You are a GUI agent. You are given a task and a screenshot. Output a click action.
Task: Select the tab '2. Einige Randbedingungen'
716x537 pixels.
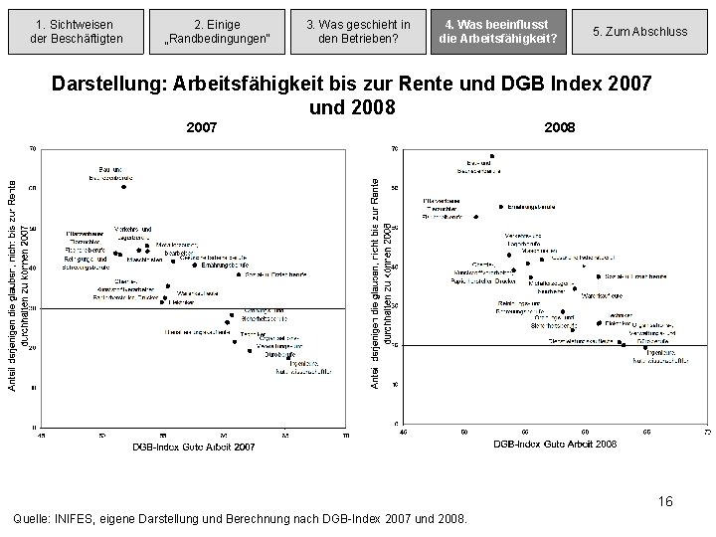[x=217, y=31]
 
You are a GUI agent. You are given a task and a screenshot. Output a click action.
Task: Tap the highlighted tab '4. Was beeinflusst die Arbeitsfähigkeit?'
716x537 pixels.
[x=500, y=31]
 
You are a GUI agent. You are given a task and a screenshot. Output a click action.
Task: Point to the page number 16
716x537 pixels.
[x=664, y=501]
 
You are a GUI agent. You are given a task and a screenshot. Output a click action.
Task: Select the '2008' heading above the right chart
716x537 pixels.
[x=560, y=127]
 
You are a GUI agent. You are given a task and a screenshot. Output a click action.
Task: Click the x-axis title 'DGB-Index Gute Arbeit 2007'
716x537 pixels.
[x=194, y=447]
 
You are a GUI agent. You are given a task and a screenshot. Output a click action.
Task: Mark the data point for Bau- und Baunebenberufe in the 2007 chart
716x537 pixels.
[x=124, y=186]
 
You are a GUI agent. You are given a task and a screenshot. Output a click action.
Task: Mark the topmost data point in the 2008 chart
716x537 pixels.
[x=491, y=155]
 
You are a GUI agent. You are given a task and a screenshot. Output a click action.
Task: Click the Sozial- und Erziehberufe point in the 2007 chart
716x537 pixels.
[x=266, y=272]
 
